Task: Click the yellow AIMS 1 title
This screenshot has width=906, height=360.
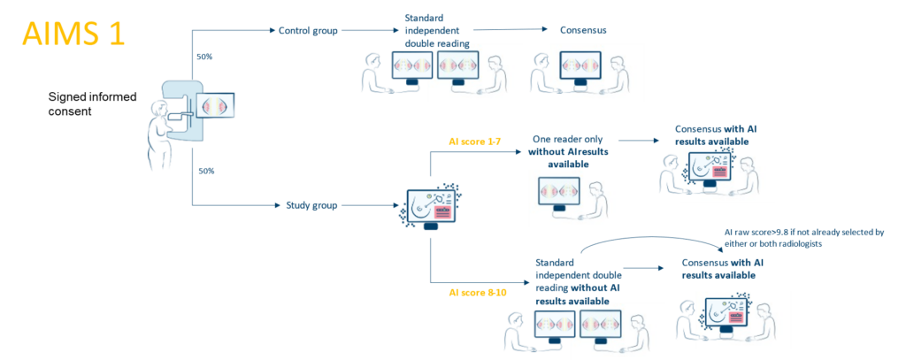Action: click(73, 34)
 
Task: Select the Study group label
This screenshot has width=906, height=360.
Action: click(308, 207)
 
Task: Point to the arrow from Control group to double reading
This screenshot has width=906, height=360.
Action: click(365, 30)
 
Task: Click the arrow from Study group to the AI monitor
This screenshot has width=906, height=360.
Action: click(368, 207)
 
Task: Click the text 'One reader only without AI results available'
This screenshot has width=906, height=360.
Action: click(567, 151)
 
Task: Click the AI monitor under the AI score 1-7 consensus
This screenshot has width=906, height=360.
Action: click(707, 172)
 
